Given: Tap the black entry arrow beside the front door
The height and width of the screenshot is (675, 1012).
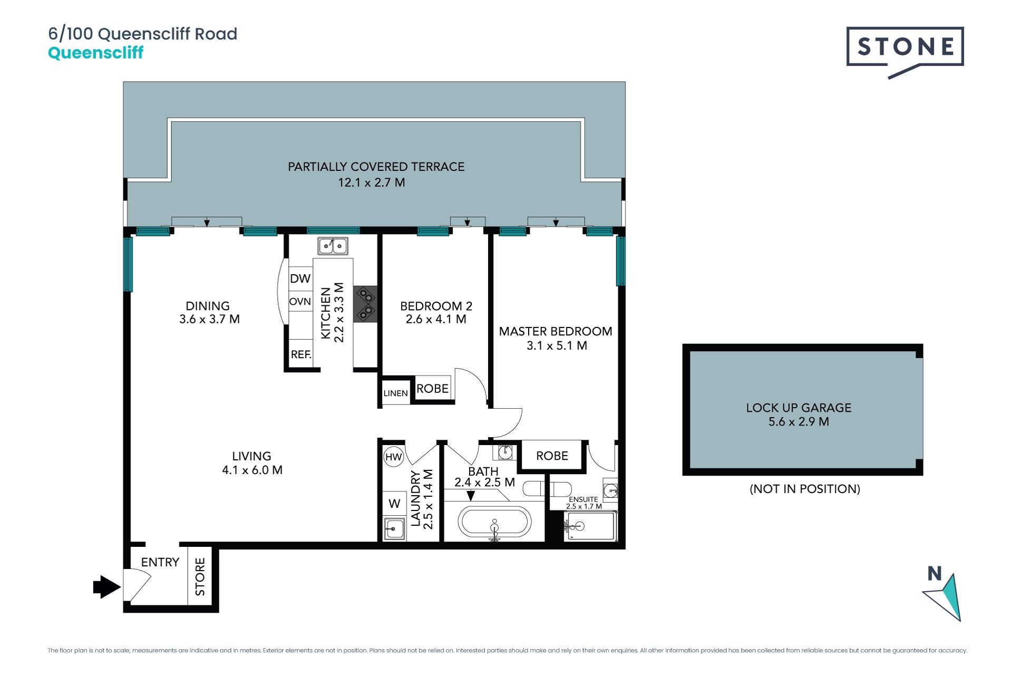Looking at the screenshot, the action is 106,586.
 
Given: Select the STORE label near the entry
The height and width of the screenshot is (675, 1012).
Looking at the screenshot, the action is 200,577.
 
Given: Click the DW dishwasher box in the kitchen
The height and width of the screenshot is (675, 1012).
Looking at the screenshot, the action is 300,278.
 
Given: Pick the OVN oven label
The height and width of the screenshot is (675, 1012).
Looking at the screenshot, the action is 300,302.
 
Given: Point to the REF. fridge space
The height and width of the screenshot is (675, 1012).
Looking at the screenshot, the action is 301,354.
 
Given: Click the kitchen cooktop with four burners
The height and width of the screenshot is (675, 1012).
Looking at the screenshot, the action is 365,304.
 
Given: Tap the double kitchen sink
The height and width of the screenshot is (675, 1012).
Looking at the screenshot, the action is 333,246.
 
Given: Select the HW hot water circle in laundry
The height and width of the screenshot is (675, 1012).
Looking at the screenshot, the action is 394,457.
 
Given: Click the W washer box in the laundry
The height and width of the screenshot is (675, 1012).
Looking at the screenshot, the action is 394,504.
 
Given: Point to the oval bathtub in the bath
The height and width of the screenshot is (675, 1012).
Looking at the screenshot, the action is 494,522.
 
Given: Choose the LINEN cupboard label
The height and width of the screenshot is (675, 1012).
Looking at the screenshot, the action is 395,393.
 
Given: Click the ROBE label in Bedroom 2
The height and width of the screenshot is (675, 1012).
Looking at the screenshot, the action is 432,389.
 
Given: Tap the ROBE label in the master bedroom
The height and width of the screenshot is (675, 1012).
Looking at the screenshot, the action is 552,456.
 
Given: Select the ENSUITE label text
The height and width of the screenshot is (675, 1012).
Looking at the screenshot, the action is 583,499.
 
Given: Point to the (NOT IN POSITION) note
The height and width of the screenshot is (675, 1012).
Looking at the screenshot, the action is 805,489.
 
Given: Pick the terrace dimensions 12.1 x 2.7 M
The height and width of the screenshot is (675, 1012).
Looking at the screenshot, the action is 372,182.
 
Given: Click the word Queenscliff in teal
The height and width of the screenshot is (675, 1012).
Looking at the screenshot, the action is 95,53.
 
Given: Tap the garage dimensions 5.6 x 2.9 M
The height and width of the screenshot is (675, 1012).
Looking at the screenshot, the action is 799,422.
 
